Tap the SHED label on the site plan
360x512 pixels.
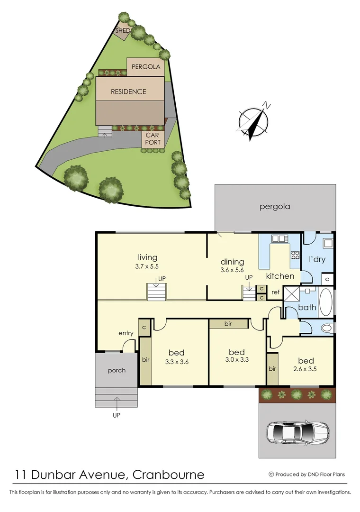point(123,31)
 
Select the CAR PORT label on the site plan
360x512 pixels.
point(153,138)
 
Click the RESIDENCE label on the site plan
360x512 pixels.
point(128,91)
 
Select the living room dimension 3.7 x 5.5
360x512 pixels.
point(147,266)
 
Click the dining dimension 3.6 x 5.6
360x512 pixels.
point(232,270)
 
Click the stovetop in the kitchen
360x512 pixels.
point(295,255)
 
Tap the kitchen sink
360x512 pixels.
point(277,239)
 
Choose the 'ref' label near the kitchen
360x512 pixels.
point(275,293)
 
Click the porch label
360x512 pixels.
point(117,370)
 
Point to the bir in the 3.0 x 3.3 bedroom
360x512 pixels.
point(228,324)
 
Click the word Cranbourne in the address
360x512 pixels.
point(169,475)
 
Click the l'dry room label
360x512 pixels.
point(316,260)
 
